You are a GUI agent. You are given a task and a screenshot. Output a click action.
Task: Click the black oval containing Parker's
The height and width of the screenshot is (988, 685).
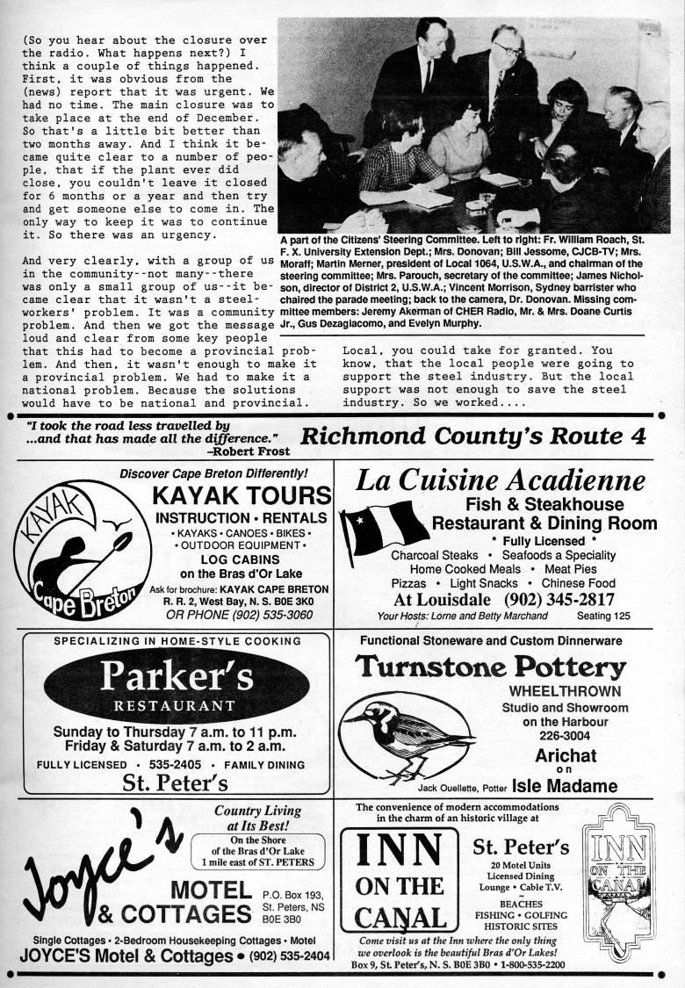coord(176,684)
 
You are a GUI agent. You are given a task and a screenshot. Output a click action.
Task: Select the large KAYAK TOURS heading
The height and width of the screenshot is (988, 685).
coord(241,494)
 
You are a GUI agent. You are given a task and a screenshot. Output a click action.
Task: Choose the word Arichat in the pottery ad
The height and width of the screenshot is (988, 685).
coord(566,755)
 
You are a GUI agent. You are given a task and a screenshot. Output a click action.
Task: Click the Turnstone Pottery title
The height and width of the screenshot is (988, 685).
coord(491,667)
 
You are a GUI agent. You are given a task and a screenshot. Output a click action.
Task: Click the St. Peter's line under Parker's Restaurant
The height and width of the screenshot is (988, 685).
coord(176,782)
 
